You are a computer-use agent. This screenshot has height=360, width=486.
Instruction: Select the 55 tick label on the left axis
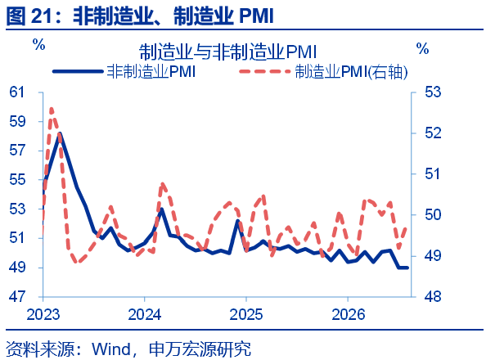(16, 179)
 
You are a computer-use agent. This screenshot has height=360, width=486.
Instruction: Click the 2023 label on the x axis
(43, 314)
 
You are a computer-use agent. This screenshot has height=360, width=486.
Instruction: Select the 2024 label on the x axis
(145, 314)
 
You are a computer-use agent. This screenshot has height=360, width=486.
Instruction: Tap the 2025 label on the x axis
(246, 314)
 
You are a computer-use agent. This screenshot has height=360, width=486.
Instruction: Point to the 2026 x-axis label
(348, 314)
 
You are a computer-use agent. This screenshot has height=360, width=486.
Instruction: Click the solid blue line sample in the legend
(78, 72)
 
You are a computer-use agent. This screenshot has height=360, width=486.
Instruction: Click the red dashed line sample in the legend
(265, 72)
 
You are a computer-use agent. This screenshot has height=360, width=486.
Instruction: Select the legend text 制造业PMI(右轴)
(351, 72)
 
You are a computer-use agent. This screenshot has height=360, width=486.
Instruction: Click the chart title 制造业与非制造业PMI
(227, 52)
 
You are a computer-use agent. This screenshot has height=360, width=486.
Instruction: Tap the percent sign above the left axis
(39, 45)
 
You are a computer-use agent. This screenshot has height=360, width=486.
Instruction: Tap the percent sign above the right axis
(422, 49)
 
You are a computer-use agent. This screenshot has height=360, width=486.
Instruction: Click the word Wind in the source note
(111, 349)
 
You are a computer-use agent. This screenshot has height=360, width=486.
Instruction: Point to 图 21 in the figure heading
(29, 16)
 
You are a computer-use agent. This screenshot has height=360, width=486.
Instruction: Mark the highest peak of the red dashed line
(52, 109)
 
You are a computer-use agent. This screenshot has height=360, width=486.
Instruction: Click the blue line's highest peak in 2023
(60, 134)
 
